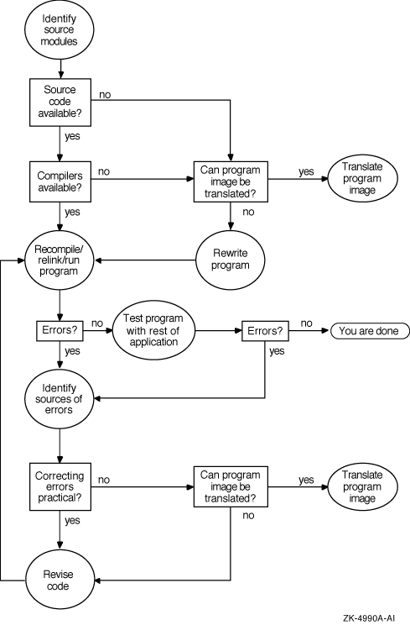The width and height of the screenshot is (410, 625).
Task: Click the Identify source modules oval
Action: pyautogui.click(x=60, y=30)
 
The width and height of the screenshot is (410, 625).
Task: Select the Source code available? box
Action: pyautogui.click(x=60, y=102)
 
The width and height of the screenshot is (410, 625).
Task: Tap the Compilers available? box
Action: pyautogui.click(x=60, y=181)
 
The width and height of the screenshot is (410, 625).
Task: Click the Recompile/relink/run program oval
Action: pyautogui.click(x=60, y=260)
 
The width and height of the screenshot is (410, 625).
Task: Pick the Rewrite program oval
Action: pyautogui.click(x=231, y=260)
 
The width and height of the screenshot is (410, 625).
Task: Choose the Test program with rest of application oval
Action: pyautogui.click(x=153, y=331)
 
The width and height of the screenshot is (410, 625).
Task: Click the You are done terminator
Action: pyautogui.click(x=370, y=331)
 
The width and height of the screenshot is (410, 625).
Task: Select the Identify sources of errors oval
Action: pyautogui.click(x=60, y=399)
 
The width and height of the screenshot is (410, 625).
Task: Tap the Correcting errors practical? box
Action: pyautogui.click(x=60, y=486)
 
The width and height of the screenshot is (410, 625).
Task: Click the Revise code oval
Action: pyautogui.click(x=60, y=580)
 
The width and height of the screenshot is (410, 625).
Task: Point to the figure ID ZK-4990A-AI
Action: pyautogui.click(x=369, y=618)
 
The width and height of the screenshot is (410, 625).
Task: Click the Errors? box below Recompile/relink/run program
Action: pyautogui.click(x=60, y=331)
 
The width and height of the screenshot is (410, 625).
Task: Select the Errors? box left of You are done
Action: pyautogui.click(x=265, y=331)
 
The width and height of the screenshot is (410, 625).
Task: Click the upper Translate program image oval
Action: pyautogui.click(x=362, y=178)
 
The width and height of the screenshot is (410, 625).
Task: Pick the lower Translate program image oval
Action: pyautogui.click(x=362, y=486)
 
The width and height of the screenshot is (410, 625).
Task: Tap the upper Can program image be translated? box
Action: pyautogui.click(x=231, y=181)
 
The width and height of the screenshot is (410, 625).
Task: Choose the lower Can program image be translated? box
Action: pyautogui.click(x=231, y=486)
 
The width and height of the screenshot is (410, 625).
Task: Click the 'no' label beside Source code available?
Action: pyautogui.click(x=105, y=95)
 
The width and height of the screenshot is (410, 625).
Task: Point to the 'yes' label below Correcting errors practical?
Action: pyautogui.click(x=72, y=521)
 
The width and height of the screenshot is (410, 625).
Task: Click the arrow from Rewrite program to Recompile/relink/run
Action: pyautogui.click(x=145, y=260)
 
